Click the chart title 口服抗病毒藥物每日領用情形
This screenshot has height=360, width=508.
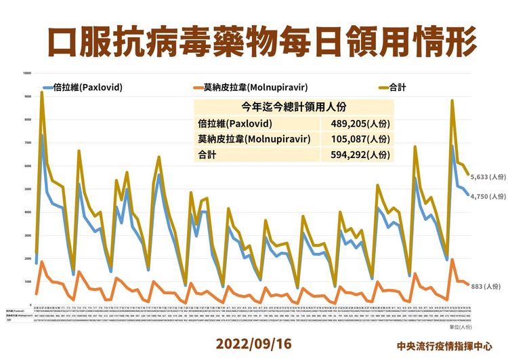tap(254, 40)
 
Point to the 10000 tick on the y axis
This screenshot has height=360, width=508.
tap(27, 73)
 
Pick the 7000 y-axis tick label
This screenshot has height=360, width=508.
tap(28, 143)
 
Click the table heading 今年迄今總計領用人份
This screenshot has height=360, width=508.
tap(293, 107)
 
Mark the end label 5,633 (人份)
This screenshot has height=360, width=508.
tap(487, 176)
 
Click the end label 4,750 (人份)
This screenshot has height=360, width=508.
tap(487, 196)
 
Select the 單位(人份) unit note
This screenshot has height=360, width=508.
tap(479, 326)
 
